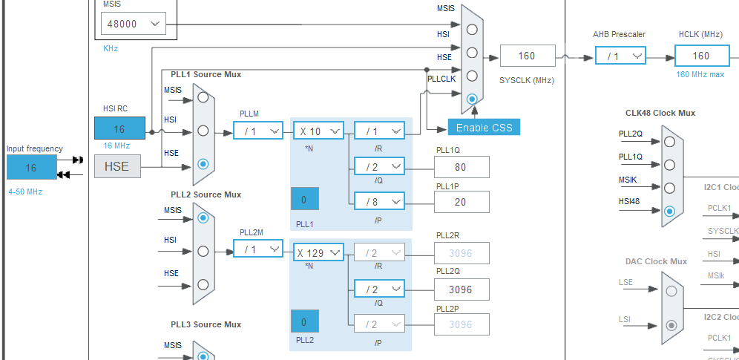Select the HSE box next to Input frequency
[116, 166]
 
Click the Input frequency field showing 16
[31, 168]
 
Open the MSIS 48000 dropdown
[133, 24]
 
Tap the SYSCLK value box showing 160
[527, 56]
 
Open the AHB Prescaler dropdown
[620, 56]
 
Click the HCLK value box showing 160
[701, 56]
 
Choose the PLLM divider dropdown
[258, 131]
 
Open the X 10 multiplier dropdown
[318, 131]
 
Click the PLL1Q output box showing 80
[462, 167]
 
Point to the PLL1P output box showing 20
[462, 201]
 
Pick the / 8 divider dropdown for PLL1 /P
[378, 201]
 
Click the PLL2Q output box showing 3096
[462, 289]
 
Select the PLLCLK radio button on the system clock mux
[471, 98]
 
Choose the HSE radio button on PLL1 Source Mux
[203, 164]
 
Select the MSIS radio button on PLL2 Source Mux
[203, 217]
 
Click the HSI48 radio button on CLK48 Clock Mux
[670, 211]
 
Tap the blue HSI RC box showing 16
[119, 128]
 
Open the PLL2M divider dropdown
[258, 249]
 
